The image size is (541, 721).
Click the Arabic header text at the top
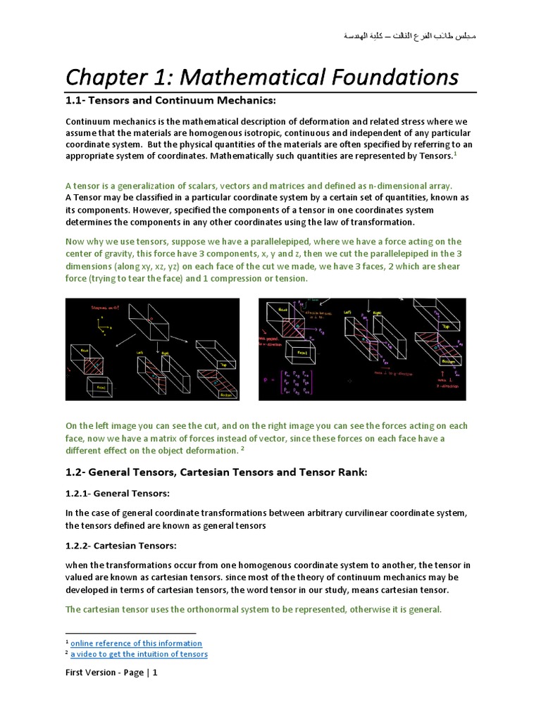(409, 35)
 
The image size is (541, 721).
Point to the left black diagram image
(152, 349)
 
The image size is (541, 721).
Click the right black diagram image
(362, 349)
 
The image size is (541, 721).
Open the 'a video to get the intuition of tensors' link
(139, 654)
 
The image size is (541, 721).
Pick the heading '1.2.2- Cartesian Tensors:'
(120, 546)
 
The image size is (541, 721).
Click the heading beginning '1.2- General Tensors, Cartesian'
(216, 472)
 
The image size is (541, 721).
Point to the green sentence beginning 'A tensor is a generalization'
(259, 186)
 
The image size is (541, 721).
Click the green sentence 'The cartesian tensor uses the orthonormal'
(254, 609)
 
